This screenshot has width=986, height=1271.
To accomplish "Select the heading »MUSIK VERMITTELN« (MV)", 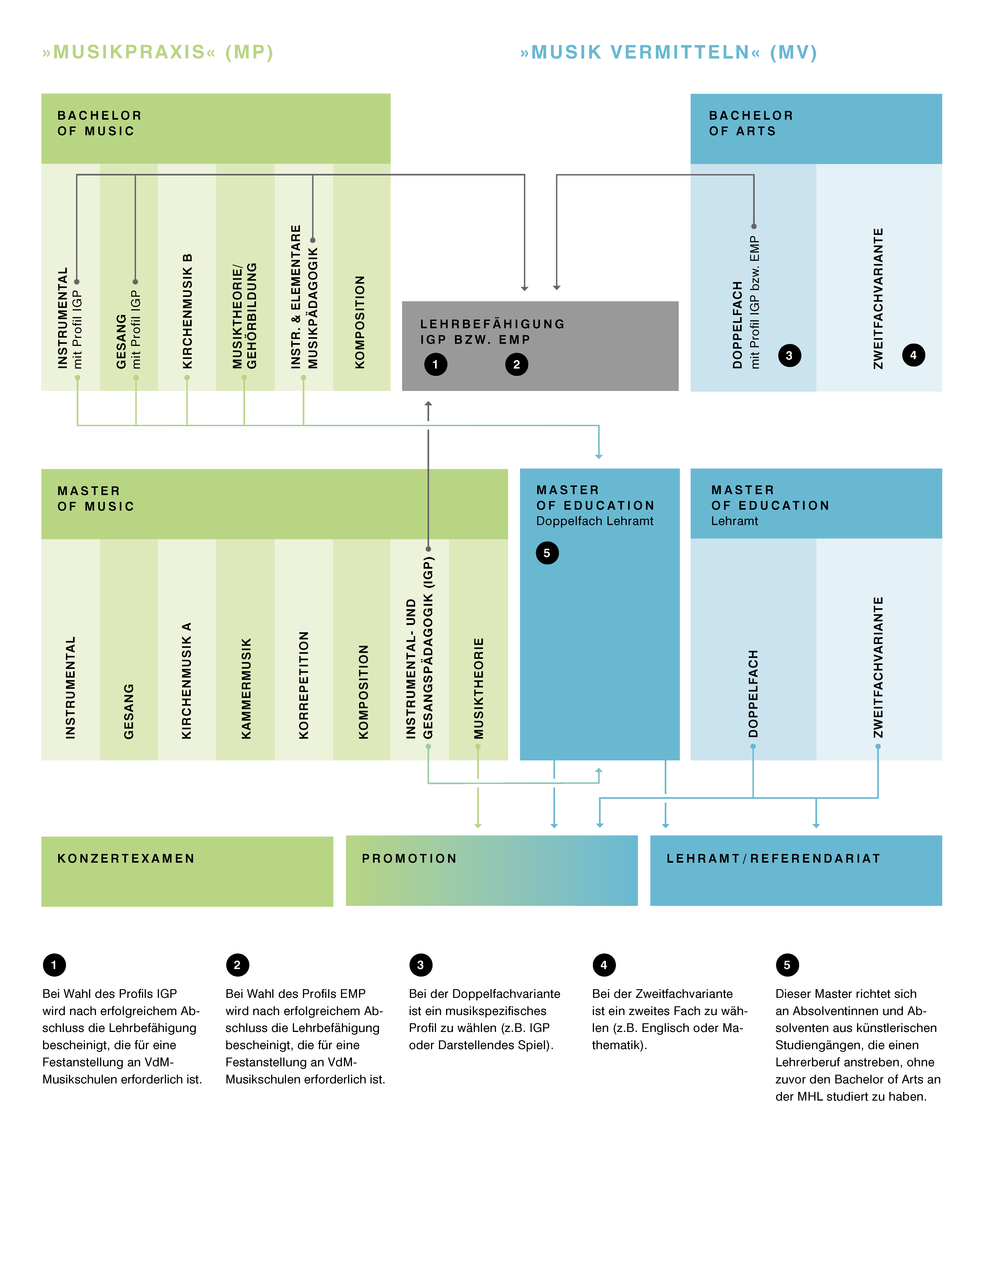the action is tap(669, 52).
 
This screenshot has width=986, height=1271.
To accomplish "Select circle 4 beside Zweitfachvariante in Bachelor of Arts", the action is tap(913, 355).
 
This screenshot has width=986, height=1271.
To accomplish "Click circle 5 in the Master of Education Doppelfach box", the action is tap(547, 553).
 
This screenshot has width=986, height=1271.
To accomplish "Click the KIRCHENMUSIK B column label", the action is tap(187, 311).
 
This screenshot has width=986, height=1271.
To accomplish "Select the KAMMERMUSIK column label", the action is tap(246, 689).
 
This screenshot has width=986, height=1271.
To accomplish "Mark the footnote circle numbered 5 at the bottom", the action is tap(787, 965).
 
